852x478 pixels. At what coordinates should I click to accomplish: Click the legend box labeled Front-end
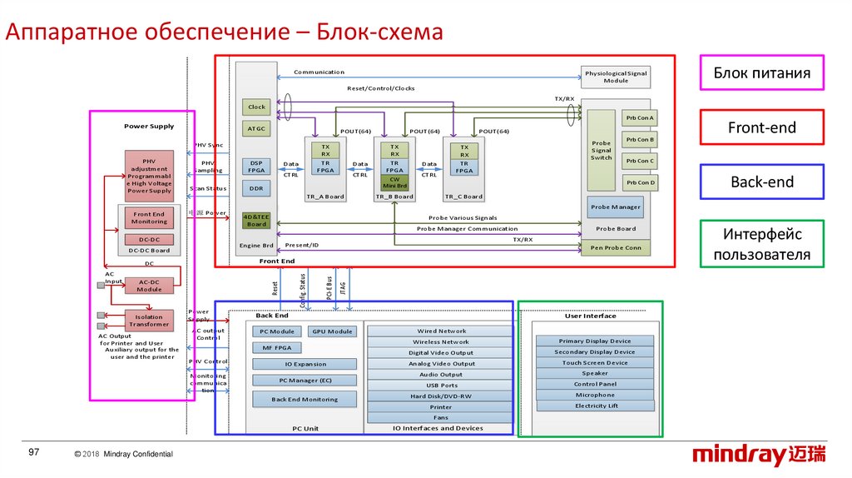[x=761, y=127]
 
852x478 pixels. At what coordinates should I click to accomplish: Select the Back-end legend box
[x=761, y=182]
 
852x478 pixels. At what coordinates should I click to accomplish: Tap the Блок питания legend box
[x=761, y=73]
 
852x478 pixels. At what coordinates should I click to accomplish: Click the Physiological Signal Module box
[x=616, y=77]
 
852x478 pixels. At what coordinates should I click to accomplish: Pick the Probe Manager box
[x=616, y=207]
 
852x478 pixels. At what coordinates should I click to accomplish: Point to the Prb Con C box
[x=640, y=161]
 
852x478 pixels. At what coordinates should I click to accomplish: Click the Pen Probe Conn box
[x=616, y=247]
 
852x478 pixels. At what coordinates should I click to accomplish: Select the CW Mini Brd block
[x=394, y=184]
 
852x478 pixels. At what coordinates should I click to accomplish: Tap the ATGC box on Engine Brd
[x=256, y=128]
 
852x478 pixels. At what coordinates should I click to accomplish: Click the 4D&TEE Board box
[x=256, y=220]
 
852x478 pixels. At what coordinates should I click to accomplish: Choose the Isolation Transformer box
[x=149, y=320]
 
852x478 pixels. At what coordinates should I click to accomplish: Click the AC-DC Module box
[x=149, y=286]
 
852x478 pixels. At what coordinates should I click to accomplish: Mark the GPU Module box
[x=332, y=331]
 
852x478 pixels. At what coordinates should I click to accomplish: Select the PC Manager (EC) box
[x=305, y=381]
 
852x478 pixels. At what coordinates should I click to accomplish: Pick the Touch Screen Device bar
[x=594, y=363]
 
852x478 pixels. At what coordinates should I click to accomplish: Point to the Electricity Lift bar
[x=596, y=406]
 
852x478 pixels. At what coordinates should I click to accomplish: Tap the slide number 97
[x=34, y=451]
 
